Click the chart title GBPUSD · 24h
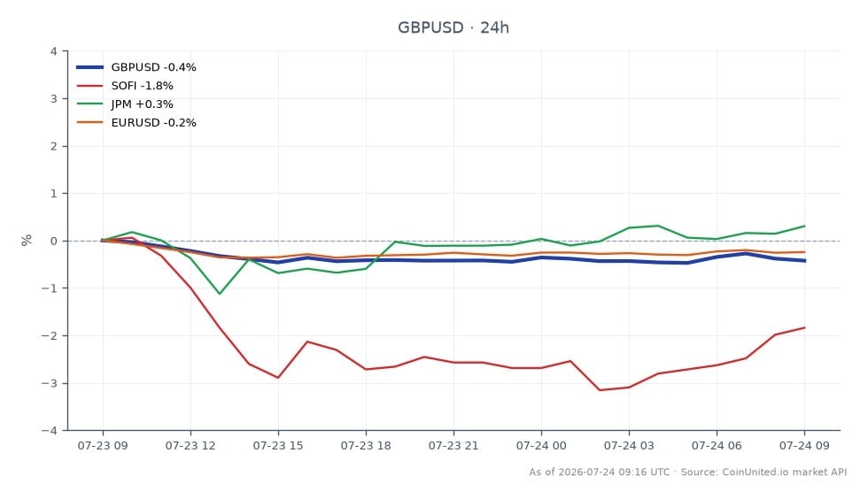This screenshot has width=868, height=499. (453, 27)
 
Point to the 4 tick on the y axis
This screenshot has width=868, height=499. (54, 51)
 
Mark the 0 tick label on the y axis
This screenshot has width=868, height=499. (54, 242)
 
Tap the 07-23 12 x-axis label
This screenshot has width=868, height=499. (190, 446)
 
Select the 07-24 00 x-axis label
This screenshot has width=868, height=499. (541, 446)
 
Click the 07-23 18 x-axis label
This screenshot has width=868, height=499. (366, 446)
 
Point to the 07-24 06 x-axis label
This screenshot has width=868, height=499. (717, 446)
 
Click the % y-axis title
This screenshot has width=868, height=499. (27, 240)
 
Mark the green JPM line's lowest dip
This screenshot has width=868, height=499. (220, 294)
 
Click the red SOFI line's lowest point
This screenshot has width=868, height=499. (600, 390)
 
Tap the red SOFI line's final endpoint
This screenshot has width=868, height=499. (804, 327)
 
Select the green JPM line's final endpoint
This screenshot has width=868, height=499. (804, 226)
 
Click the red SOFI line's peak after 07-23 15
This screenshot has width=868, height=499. (308, 342)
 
